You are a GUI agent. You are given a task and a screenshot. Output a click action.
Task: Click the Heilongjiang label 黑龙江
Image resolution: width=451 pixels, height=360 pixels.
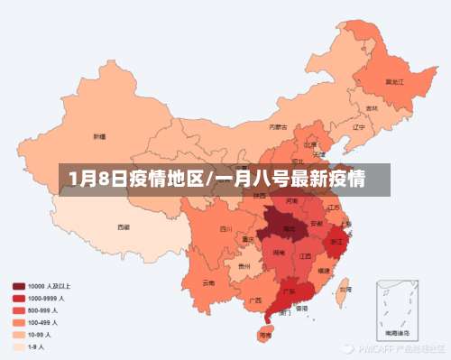393,81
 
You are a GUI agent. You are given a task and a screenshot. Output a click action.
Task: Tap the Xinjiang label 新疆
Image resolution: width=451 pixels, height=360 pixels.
98,137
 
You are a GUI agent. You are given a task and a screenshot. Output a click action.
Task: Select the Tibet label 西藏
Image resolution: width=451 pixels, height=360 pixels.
123,227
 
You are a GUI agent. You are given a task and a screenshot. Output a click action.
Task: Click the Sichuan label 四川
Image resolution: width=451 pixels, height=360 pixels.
225,229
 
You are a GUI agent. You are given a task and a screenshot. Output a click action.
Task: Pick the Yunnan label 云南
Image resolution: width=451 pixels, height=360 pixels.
208,282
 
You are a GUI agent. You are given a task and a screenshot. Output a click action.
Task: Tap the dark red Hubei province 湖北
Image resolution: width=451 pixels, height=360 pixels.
288,229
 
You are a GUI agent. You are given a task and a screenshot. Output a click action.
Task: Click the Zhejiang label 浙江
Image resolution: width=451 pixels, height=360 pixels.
336,242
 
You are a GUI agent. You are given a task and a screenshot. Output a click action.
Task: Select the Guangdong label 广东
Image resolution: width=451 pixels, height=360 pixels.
290,291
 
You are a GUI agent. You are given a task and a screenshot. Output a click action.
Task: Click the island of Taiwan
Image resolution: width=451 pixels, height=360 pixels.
344,290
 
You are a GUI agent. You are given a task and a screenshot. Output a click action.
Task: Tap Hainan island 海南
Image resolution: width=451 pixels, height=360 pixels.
264,334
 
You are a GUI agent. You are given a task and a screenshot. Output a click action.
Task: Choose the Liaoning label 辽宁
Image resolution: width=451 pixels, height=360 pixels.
358,127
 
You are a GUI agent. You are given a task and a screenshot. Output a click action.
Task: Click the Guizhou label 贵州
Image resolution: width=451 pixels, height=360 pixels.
244,267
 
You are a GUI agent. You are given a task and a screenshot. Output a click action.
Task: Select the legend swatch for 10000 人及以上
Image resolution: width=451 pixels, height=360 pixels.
19,286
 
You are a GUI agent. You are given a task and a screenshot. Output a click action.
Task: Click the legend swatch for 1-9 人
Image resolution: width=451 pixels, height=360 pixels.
19,346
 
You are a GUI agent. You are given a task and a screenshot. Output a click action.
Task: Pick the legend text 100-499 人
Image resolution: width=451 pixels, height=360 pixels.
43,322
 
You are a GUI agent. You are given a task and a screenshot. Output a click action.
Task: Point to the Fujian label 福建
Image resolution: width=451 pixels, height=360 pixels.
324,269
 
